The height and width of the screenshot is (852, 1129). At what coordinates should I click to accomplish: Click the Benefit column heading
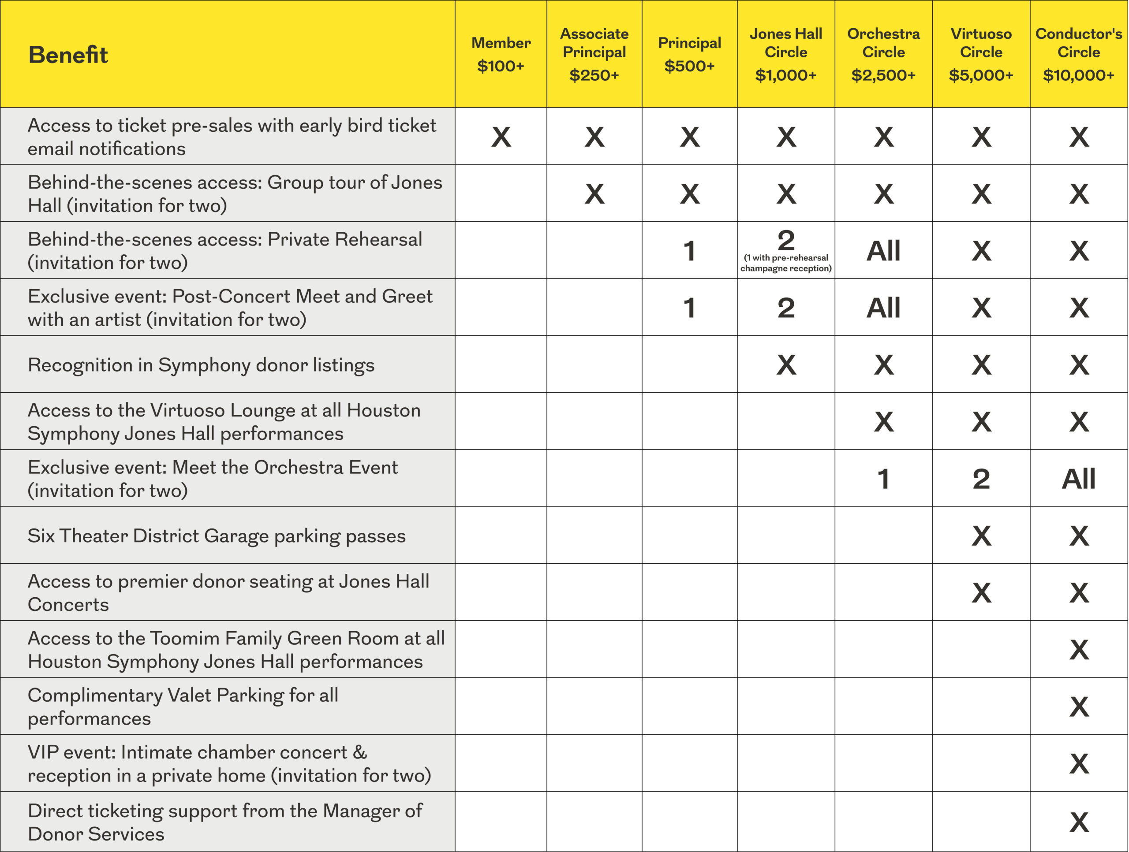coord(68,55)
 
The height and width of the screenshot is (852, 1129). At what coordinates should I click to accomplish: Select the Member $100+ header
coord(501,54)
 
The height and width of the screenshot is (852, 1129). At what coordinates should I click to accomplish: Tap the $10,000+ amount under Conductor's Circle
coord(1078,75)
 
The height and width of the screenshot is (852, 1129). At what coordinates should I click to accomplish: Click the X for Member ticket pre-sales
coord(501,137)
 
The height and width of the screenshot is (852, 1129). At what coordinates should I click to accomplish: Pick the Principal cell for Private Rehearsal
coord(689,251)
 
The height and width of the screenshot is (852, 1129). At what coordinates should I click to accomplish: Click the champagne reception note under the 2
coord(785,263)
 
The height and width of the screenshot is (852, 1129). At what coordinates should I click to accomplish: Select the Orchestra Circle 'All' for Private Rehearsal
coord(883,251)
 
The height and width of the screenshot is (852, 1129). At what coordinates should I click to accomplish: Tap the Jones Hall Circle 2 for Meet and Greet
coord(785,308)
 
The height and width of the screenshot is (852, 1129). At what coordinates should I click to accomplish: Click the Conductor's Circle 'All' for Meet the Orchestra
coord(1078,479)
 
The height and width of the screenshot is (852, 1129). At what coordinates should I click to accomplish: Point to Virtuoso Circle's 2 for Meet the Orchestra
coord(981,479)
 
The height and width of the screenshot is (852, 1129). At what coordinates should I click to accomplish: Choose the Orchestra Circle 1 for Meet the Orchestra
coord(883,479)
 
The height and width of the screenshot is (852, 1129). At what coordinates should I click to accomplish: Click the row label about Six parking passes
coord(217,536)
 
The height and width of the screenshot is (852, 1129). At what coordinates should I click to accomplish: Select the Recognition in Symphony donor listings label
coord(201,365)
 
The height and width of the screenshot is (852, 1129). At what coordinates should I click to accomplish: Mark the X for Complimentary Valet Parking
coord(1078,707)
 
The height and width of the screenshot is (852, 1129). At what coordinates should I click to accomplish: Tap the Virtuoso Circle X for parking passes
coord(981,536)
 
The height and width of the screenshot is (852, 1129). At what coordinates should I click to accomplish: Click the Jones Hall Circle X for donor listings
coord(785,365)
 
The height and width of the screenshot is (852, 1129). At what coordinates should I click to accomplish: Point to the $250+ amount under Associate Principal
coord(594,75)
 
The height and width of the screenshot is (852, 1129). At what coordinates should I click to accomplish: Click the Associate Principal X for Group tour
coord(594,194)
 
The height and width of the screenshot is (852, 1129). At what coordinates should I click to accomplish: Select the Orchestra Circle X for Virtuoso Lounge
coord(883,422)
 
